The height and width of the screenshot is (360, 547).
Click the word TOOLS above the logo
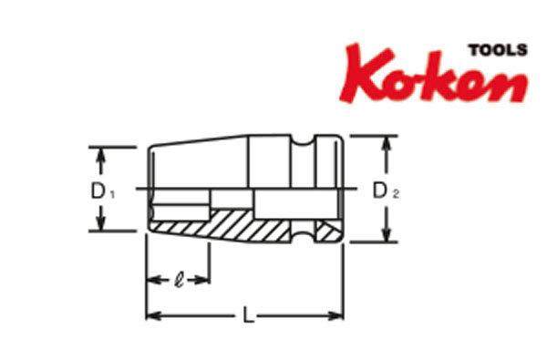pyautogui.click(x=498, y=50)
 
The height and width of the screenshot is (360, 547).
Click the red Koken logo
pyautogui.click(x=434, y=74)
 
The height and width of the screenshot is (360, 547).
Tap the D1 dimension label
pyautogui.click(x=102, y=192)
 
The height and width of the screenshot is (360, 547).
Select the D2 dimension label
pyautogui.click(x=386, y=191)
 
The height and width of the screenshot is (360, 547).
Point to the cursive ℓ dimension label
pyautogui.click(x=179, y=280)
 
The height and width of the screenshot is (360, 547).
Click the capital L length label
pyautogui.click(x=248, y=314)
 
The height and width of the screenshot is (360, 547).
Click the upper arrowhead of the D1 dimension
pyautogui.click(x=100, y=154)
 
